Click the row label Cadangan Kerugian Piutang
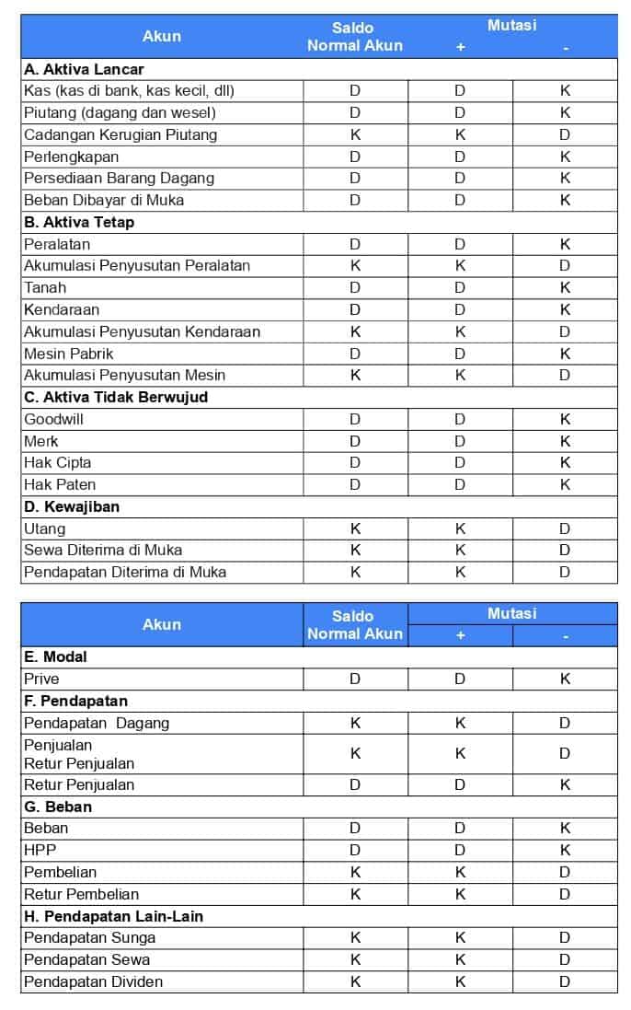120,134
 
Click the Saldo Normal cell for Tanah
355,287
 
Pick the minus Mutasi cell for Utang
565,528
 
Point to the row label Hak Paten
60,484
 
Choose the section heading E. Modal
55,656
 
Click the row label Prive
41,679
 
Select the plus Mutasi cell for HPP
460,850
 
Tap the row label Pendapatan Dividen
93,981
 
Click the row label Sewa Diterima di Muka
103,550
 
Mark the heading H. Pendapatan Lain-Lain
113,916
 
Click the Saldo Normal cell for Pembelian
355,872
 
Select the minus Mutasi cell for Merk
565,441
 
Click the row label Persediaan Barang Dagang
119,178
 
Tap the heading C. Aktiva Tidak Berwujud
116,397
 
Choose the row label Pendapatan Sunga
89,937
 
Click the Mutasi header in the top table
512,26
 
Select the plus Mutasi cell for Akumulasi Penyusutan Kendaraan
460,331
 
